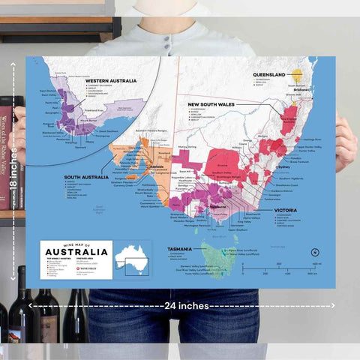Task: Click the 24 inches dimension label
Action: (x=183, y=306)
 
